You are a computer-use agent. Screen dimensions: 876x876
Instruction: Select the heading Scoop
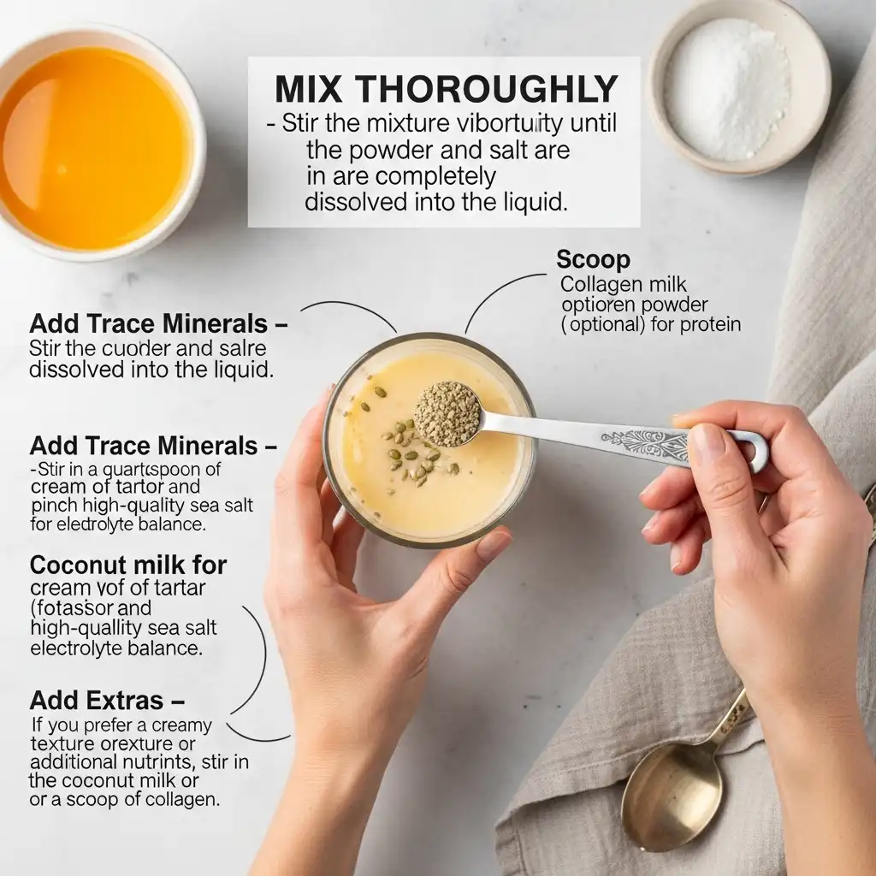coord(593,259)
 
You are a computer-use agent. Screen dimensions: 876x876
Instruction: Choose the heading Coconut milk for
coord(128,565)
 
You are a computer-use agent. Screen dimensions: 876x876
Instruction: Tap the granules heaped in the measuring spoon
coord(447,412)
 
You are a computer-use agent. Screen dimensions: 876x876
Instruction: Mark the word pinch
coord(52,506)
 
